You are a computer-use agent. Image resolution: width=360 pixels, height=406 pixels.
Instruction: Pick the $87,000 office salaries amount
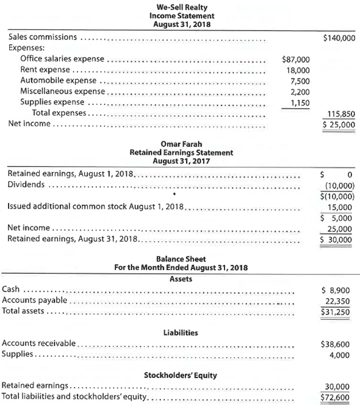click(x=297, y=60)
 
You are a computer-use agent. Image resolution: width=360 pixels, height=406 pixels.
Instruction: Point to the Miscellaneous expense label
click(x=63, y=92)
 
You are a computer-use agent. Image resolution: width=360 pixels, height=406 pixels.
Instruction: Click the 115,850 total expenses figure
click(x=342, y=113)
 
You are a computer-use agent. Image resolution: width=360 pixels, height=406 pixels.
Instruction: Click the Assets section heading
click(x=180, y=278)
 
